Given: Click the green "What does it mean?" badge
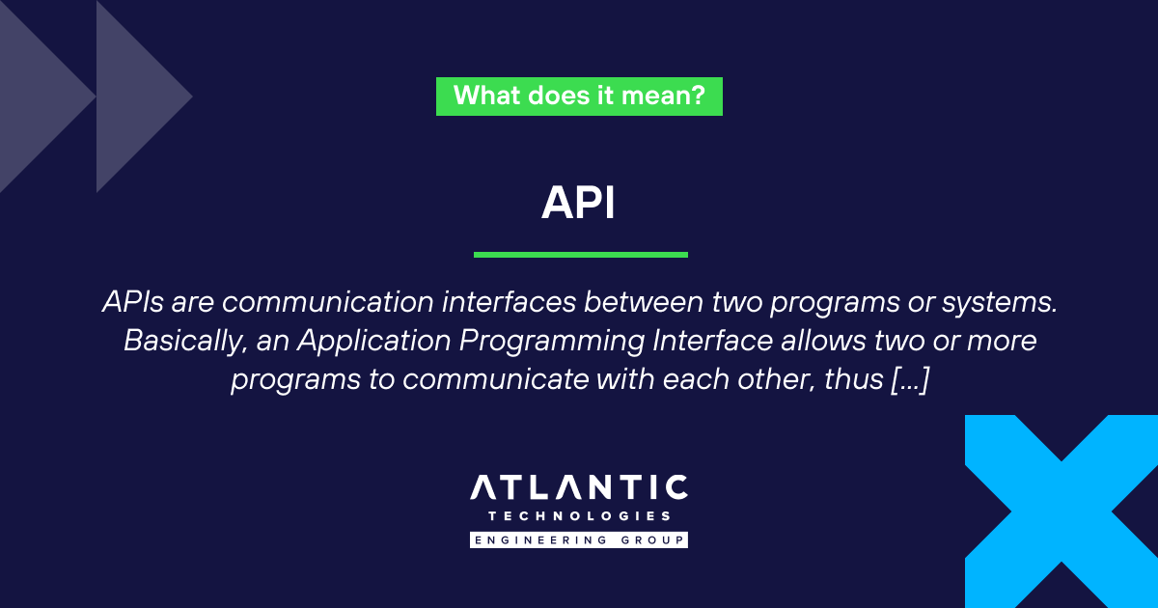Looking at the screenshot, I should [579, 96].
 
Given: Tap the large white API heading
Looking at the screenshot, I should [579, 203].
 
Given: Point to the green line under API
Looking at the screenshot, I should [580, 255].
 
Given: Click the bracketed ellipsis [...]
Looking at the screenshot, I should [907, 380].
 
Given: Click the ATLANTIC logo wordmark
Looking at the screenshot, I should [579, 488].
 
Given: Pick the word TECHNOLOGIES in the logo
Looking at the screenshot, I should [579, 516].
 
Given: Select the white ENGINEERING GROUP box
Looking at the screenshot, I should [579, 539].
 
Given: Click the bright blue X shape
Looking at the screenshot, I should [1061, 511].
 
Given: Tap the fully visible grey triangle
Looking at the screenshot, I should [140, 97].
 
